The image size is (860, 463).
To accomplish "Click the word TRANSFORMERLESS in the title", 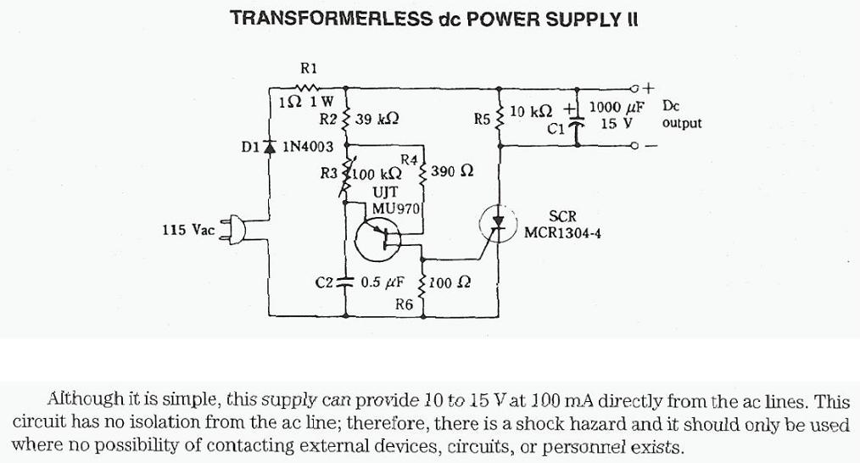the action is click(x=331, y=19).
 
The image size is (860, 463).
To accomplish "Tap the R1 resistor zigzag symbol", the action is click(x=307, y=87).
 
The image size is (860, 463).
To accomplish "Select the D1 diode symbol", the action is click(x=270, y=146).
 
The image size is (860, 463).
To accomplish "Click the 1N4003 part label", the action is click(x=308, y=147).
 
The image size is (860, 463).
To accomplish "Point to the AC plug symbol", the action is click(x=233, y=229).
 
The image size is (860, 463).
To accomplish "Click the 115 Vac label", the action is click(x=188, y=229).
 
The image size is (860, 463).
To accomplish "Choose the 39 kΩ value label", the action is click(x=377, y=119).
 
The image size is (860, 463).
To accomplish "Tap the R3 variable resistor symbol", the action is click(x=345, y=177).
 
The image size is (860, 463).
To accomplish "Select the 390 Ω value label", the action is click(x=452, y=171).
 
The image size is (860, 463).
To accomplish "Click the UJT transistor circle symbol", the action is click(x=378, y=238).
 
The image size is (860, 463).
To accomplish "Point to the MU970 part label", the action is click(x=395, y=209).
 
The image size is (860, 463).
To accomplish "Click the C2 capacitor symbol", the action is click(x=345, y=282).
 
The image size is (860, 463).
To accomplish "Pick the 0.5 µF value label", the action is click(x=383, y=282).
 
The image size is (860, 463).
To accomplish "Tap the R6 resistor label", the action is click(x=405, y=304).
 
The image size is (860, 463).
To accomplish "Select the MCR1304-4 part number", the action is click(x=562, y=232).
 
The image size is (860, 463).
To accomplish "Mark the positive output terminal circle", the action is click(x=634, y=88).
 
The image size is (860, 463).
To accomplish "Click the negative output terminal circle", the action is click(x=634, y=145).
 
